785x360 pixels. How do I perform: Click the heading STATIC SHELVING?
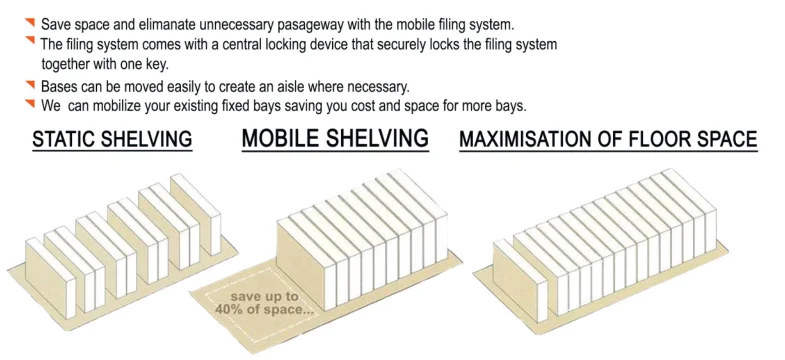click(111, 139)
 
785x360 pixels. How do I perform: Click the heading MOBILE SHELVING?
click(335, 137)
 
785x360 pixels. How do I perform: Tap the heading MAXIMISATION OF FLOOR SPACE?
click(607, 139)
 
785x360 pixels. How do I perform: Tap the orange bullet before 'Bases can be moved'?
click(29, 84)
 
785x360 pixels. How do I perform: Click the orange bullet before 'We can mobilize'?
click(29, 103)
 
